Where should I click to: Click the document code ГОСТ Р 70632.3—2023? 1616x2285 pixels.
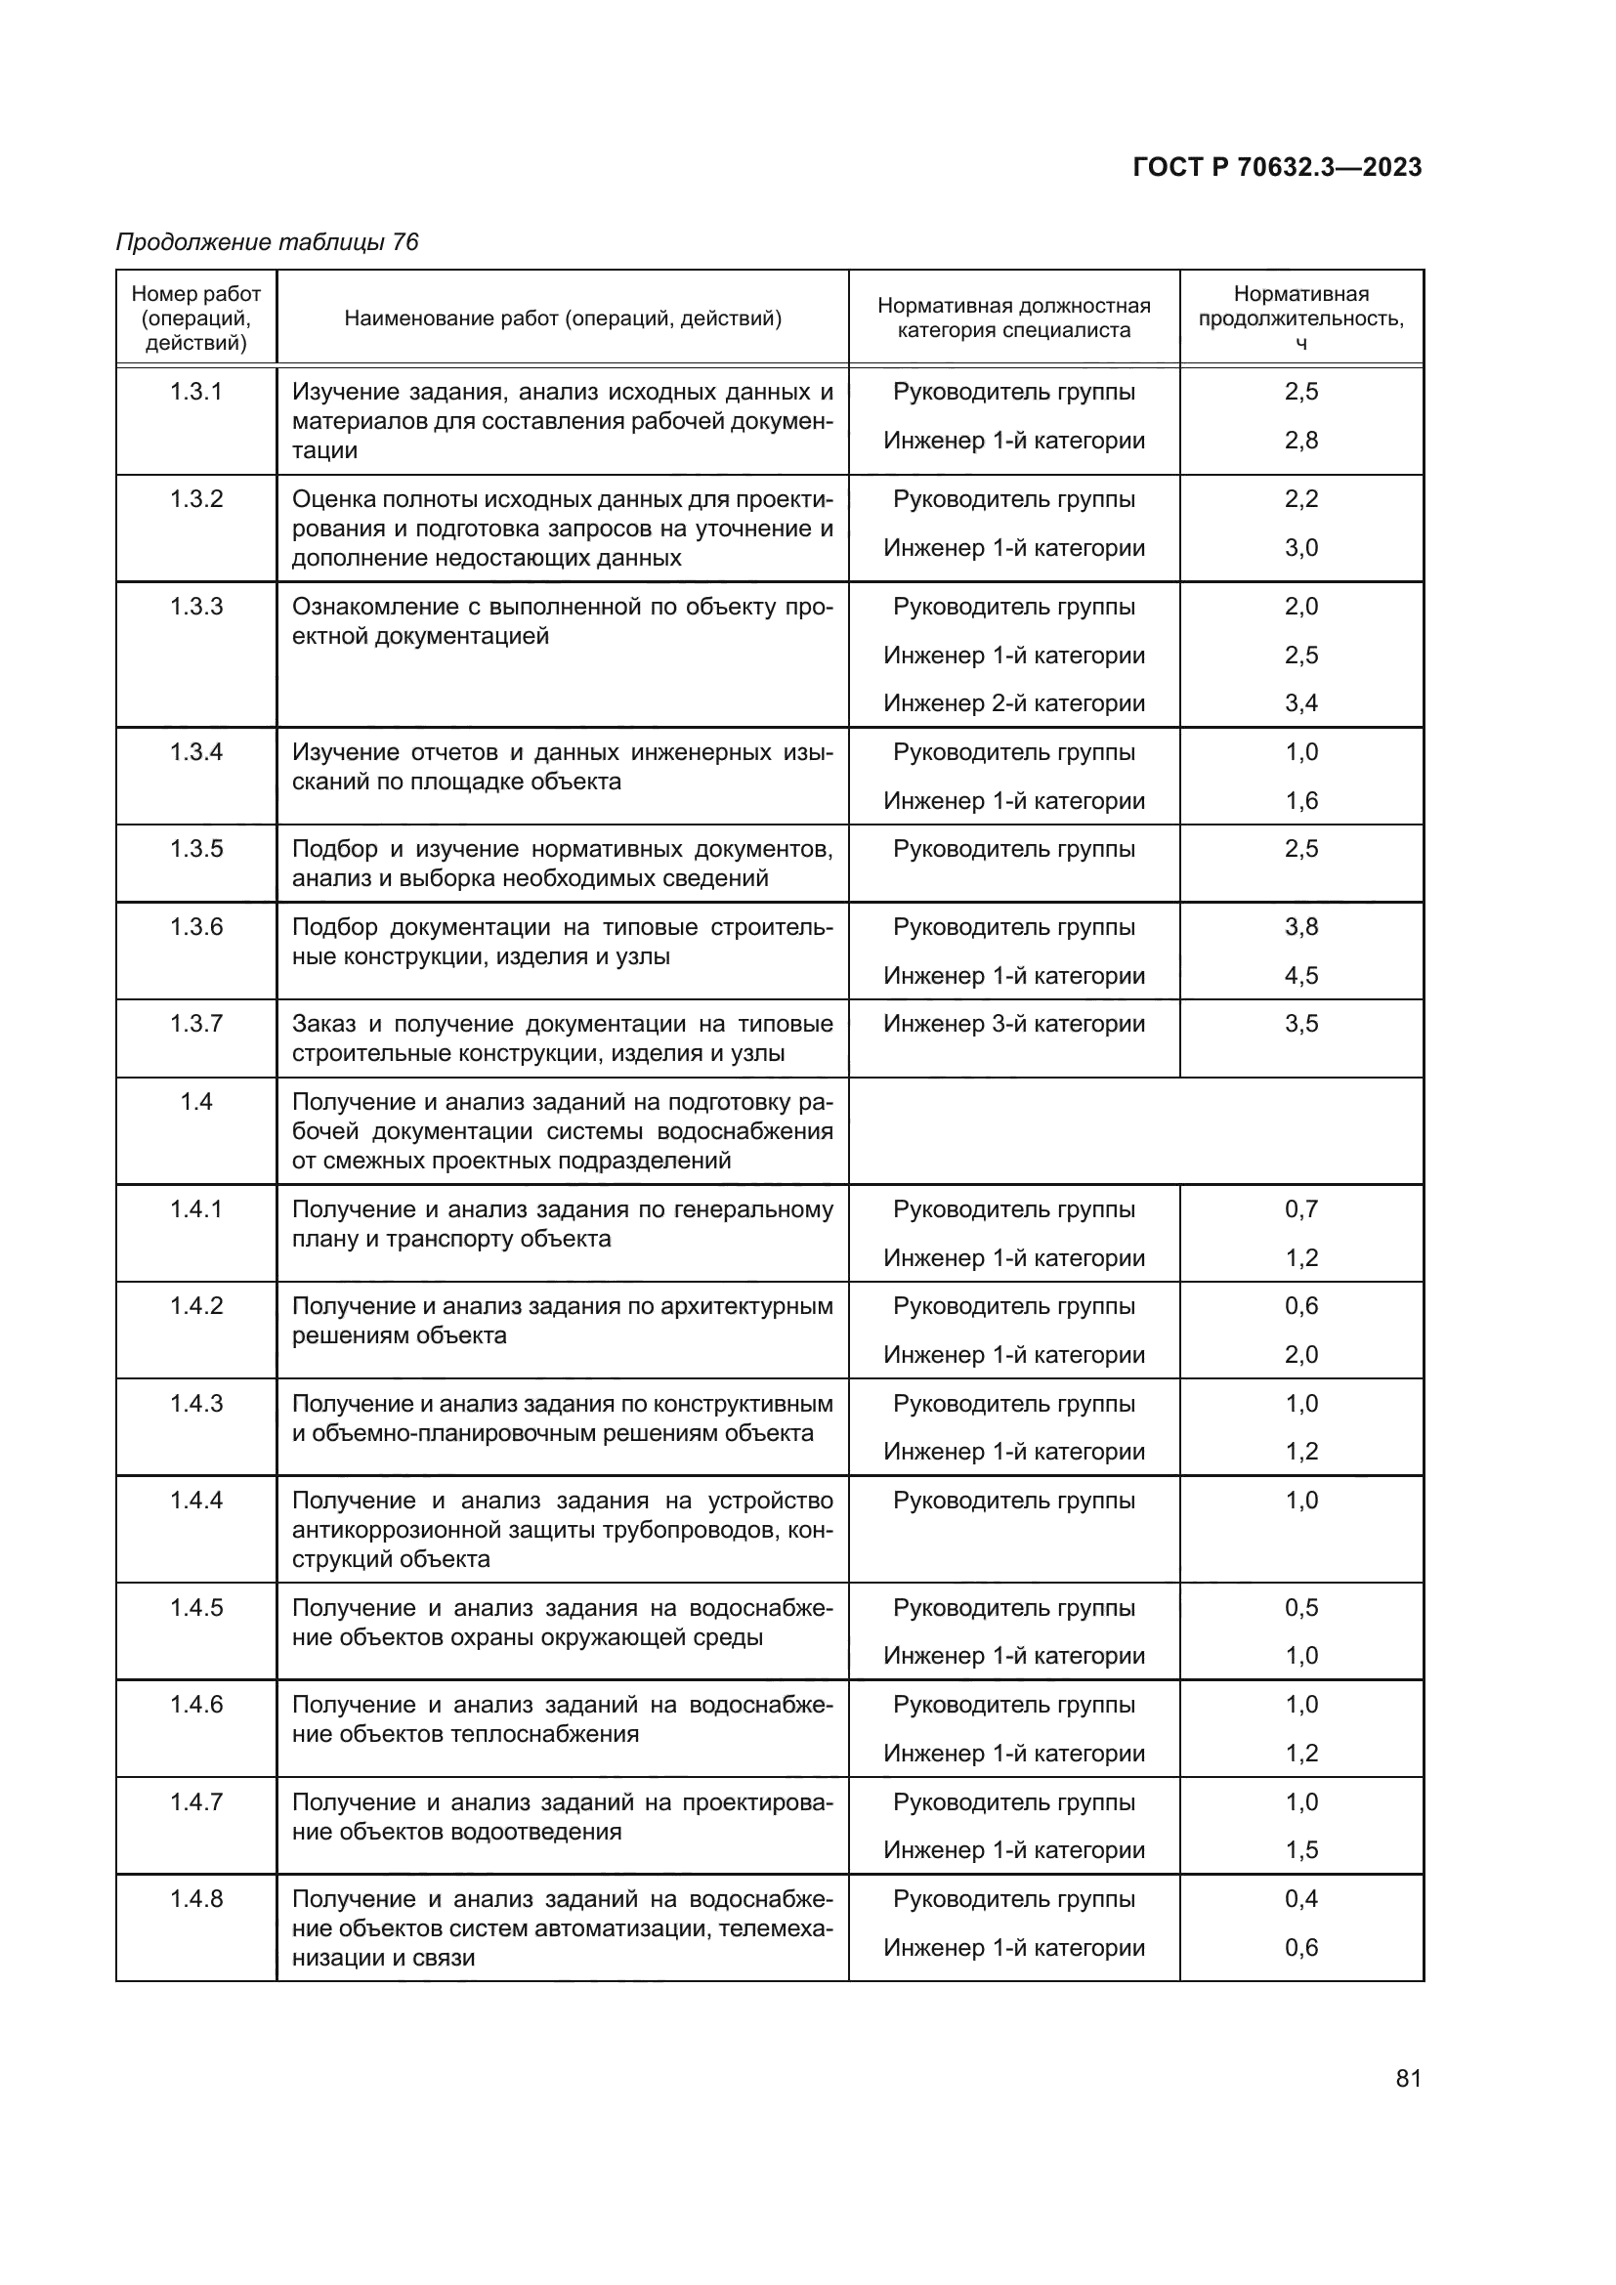(1277, 167)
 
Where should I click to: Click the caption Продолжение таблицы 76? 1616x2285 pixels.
(267, 242)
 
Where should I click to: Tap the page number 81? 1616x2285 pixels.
(1408, 2078)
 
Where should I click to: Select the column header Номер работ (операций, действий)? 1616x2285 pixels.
(196, 318)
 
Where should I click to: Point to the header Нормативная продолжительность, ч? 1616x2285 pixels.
(1300, 317)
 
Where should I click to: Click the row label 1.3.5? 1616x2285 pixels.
(196, 849)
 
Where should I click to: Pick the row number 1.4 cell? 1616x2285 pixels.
(196, 1102)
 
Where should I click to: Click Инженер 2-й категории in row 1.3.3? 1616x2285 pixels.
(1014, 703)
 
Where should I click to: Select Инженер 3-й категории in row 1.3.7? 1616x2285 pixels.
(1014, 1024)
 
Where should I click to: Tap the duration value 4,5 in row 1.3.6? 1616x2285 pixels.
(1300, 975)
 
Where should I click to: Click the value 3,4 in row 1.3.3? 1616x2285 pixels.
(1300, 703)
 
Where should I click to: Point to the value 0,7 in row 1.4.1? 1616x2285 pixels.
(1300, 1209)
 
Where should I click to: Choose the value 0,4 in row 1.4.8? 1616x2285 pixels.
(1300, 1899)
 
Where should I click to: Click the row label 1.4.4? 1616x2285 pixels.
(196, 1501)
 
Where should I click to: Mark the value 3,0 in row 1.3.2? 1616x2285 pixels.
(1300, 547)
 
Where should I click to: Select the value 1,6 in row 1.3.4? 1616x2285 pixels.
(1300, 801)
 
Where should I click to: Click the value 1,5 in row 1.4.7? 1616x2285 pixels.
(1300, 1850)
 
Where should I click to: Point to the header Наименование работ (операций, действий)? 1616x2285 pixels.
(562, 318)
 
